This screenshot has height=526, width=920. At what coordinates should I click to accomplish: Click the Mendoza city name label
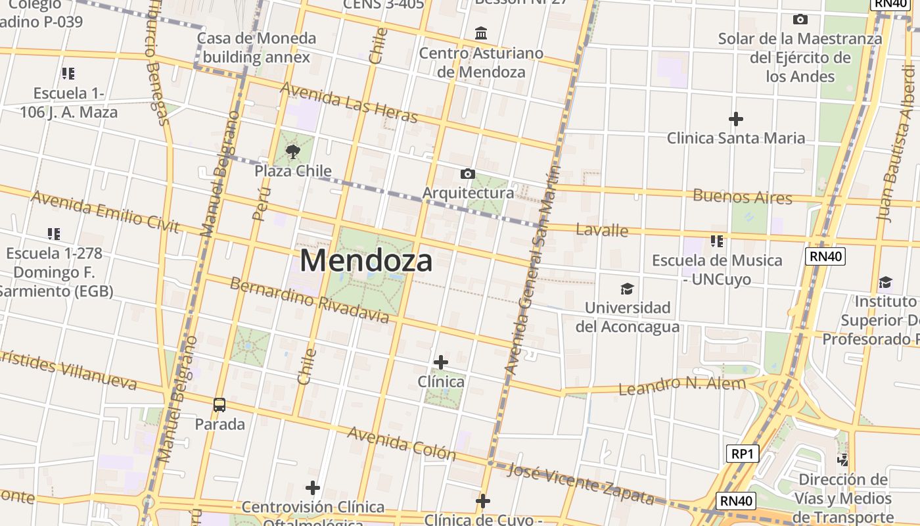coord(366,260)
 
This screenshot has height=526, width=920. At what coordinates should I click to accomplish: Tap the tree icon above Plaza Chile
coord(293,153)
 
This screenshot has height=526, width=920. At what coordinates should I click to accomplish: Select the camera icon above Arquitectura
coord(468,174)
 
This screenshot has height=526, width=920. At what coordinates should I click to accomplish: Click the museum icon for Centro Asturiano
coord(481,34)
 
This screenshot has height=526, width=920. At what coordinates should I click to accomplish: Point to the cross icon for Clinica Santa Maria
coord(736,119)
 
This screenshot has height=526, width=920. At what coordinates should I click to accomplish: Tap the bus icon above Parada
coord(219,405)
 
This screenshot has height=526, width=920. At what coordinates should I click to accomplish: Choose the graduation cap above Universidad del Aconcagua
coord(628,289)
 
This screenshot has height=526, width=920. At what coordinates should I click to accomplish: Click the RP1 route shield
coord(743,453)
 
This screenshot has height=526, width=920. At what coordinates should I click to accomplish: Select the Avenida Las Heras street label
coord(349,102)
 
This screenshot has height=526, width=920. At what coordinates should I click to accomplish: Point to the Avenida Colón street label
coord(401,443)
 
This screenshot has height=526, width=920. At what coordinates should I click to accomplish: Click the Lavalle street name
coord(602,230)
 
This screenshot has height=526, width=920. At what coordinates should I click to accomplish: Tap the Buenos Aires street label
coord(743,196)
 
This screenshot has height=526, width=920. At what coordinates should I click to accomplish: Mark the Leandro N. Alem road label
coord(682,385)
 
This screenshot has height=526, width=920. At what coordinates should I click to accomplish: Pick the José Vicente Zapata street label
coord(581,484)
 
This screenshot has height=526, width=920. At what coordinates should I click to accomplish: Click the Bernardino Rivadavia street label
coord(309,300)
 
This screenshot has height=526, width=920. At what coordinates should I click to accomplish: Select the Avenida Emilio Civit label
coord(105,212)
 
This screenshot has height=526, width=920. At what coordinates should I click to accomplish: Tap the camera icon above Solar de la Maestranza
coord(800,20)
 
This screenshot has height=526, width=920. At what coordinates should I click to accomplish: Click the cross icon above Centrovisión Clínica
coord(313,488)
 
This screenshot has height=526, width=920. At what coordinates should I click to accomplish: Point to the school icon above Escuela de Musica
coord(717,241)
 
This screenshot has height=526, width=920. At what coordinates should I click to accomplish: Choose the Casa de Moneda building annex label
coord(256,47)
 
